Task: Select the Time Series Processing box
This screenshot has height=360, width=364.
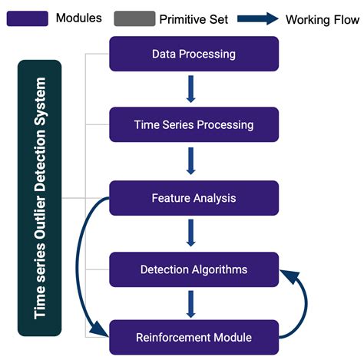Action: [194, 124]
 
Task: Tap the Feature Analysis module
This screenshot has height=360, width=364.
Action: [194, 198]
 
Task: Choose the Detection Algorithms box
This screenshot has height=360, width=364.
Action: [194, 269]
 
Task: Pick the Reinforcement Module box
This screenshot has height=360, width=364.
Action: [194, 337]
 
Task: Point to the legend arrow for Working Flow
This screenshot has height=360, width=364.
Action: [257, 18]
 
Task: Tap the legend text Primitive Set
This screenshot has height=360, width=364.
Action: [194, 18]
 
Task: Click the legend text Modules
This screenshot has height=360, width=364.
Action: [77, 18]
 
